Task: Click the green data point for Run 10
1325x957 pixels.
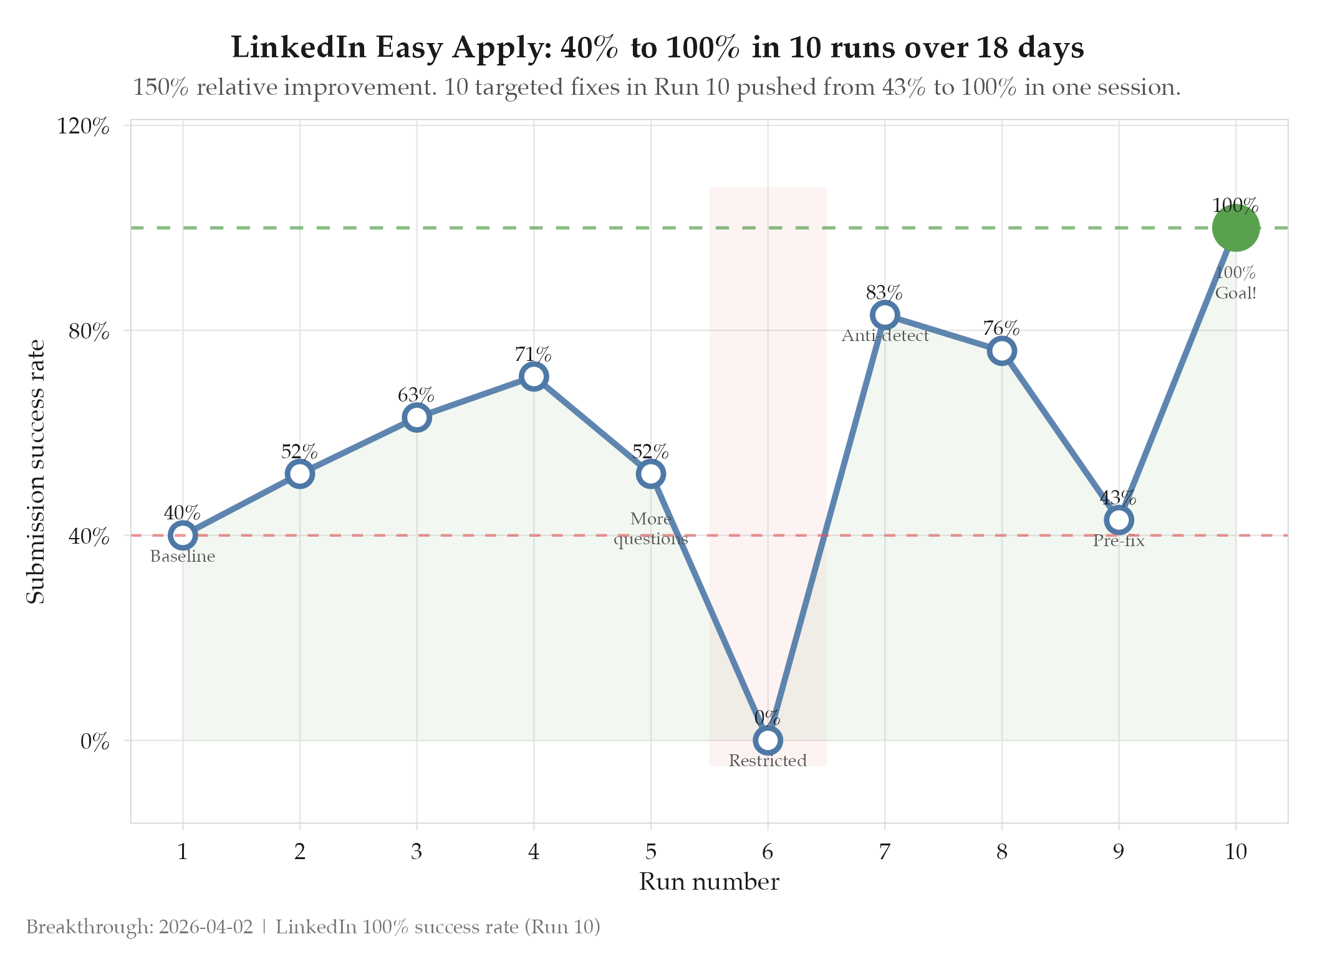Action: [1236, 228]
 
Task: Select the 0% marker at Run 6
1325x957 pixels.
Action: [768, 740]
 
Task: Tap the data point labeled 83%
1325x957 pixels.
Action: [885, 315]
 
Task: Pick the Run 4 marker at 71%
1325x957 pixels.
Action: [534, 377]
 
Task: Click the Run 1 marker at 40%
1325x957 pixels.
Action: [183, 535]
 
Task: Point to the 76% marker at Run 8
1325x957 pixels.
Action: [1001, 351]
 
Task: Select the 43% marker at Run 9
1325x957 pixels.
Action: [1119, 520]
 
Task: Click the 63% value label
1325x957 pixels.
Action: [416, 395]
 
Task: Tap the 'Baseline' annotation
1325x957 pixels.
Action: [183, 556]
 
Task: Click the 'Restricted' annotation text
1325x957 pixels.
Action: [768, 761]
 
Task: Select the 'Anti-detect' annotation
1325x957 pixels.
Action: [885, 336]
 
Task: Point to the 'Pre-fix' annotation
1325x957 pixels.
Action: [1119, 541]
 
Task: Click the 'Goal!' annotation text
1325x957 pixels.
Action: [1236, 293]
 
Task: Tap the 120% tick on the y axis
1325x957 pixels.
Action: [84, 127]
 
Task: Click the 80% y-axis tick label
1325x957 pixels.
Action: [89, 331]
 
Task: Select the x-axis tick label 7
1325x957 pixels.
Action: [885, 852]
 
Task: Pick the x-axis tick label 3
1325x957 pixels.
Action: [417, 852]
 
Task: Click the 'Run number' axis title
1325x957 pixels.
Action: [709, 882]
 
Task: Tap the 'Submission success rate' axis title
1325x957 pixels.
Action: [36, 472]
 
